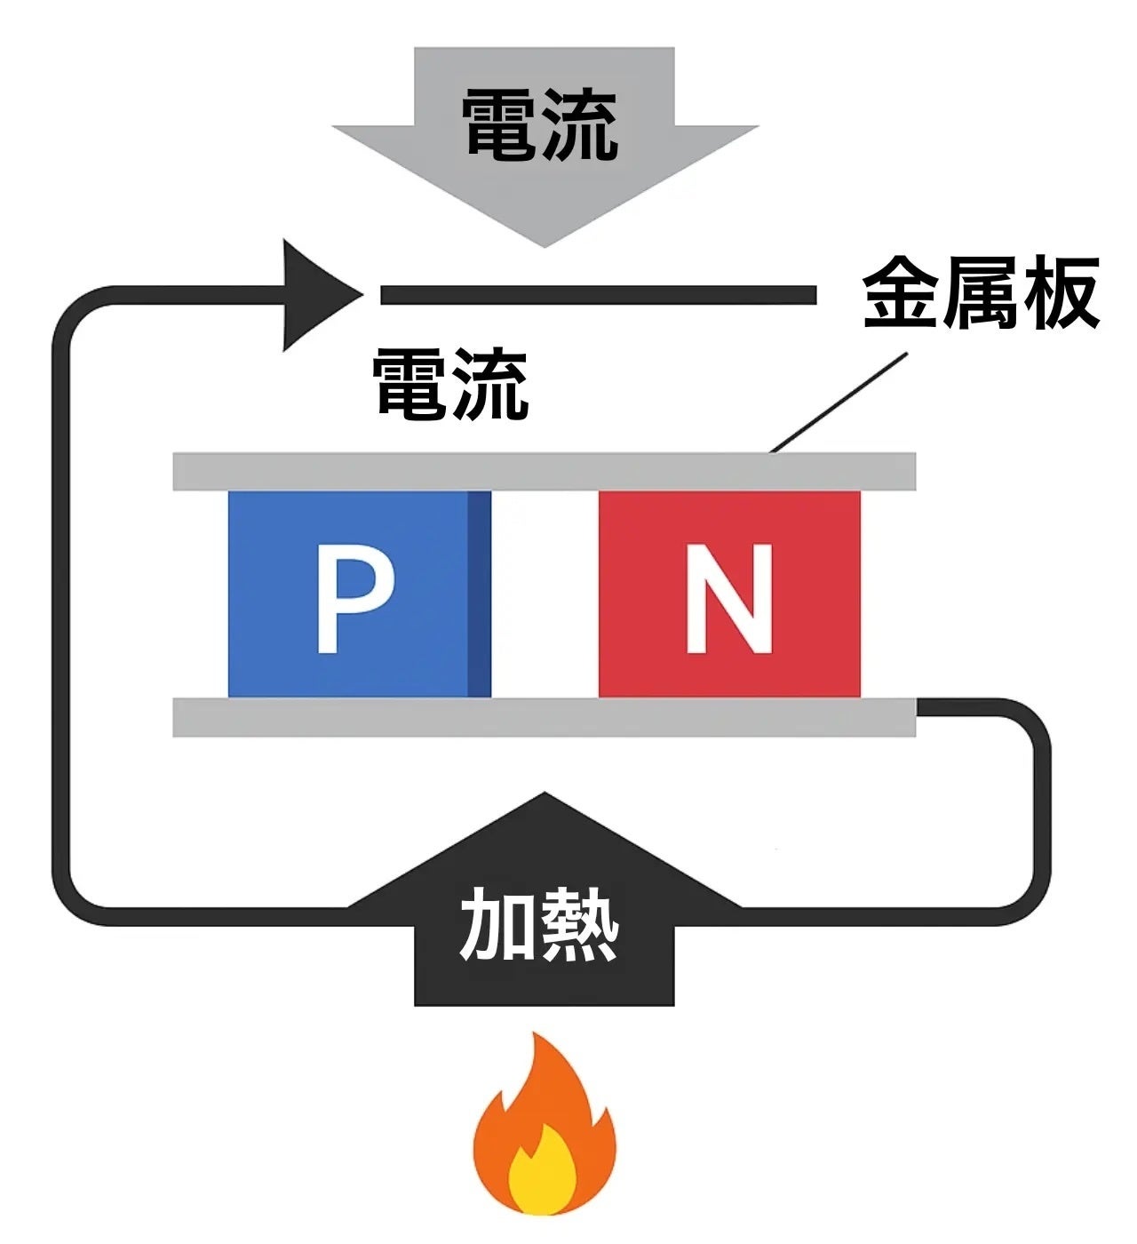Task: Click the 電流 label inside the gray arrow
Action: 540,125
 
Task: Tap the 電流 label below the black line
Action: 451,385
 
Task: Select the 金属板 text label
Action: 981,294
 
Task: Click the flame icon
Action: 544,1128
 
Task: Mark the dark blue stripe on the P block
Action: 479,594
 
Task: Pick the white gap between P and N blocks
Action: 545,594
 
